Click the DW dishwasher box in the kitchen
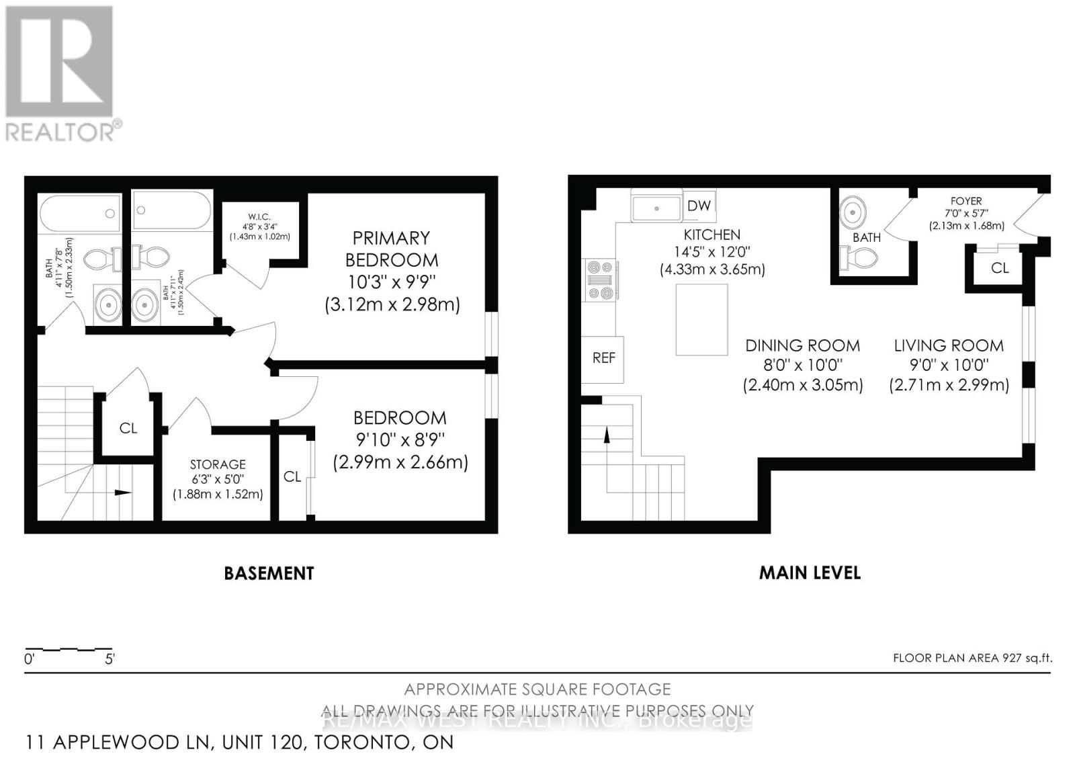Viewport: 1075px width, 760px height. point(699,206)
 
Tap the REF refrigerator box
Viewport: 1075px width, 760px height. point(603,359)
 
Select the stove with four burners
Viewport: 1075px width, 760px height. point(601,279)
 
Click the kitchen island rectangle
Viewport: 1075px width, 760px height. point(701,319)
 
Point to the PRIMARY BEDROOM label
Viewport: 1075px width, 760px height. point(391,249)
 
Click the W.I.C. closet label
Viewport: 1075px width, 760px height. point(259,216)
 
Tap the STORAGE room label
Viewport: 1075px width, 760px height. point(217,464)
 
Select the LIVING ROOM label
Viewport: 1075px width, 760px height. point(948,346)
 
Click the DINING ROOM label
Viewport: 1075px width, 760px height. point(802,346)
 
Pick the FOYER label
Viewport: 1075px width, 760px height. point(965,201)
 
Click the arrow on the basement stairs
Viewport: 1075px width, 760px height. point(122,493)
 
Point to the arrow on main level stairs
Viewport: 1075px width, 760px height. point(607,435)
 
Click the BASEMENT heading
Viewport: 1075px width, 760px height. point(269,573)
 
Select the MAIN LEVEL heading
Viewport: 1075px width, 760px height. point(810,573)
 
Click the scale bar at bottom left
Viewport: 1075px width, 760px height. point(68,650)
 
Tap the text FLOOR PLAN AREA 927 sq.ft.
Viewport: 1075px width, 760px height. point(972,658)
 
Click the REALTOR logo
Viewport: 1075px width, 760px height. point(60,74)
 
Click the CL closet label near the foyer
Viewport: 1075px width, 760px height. point(999,268)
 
